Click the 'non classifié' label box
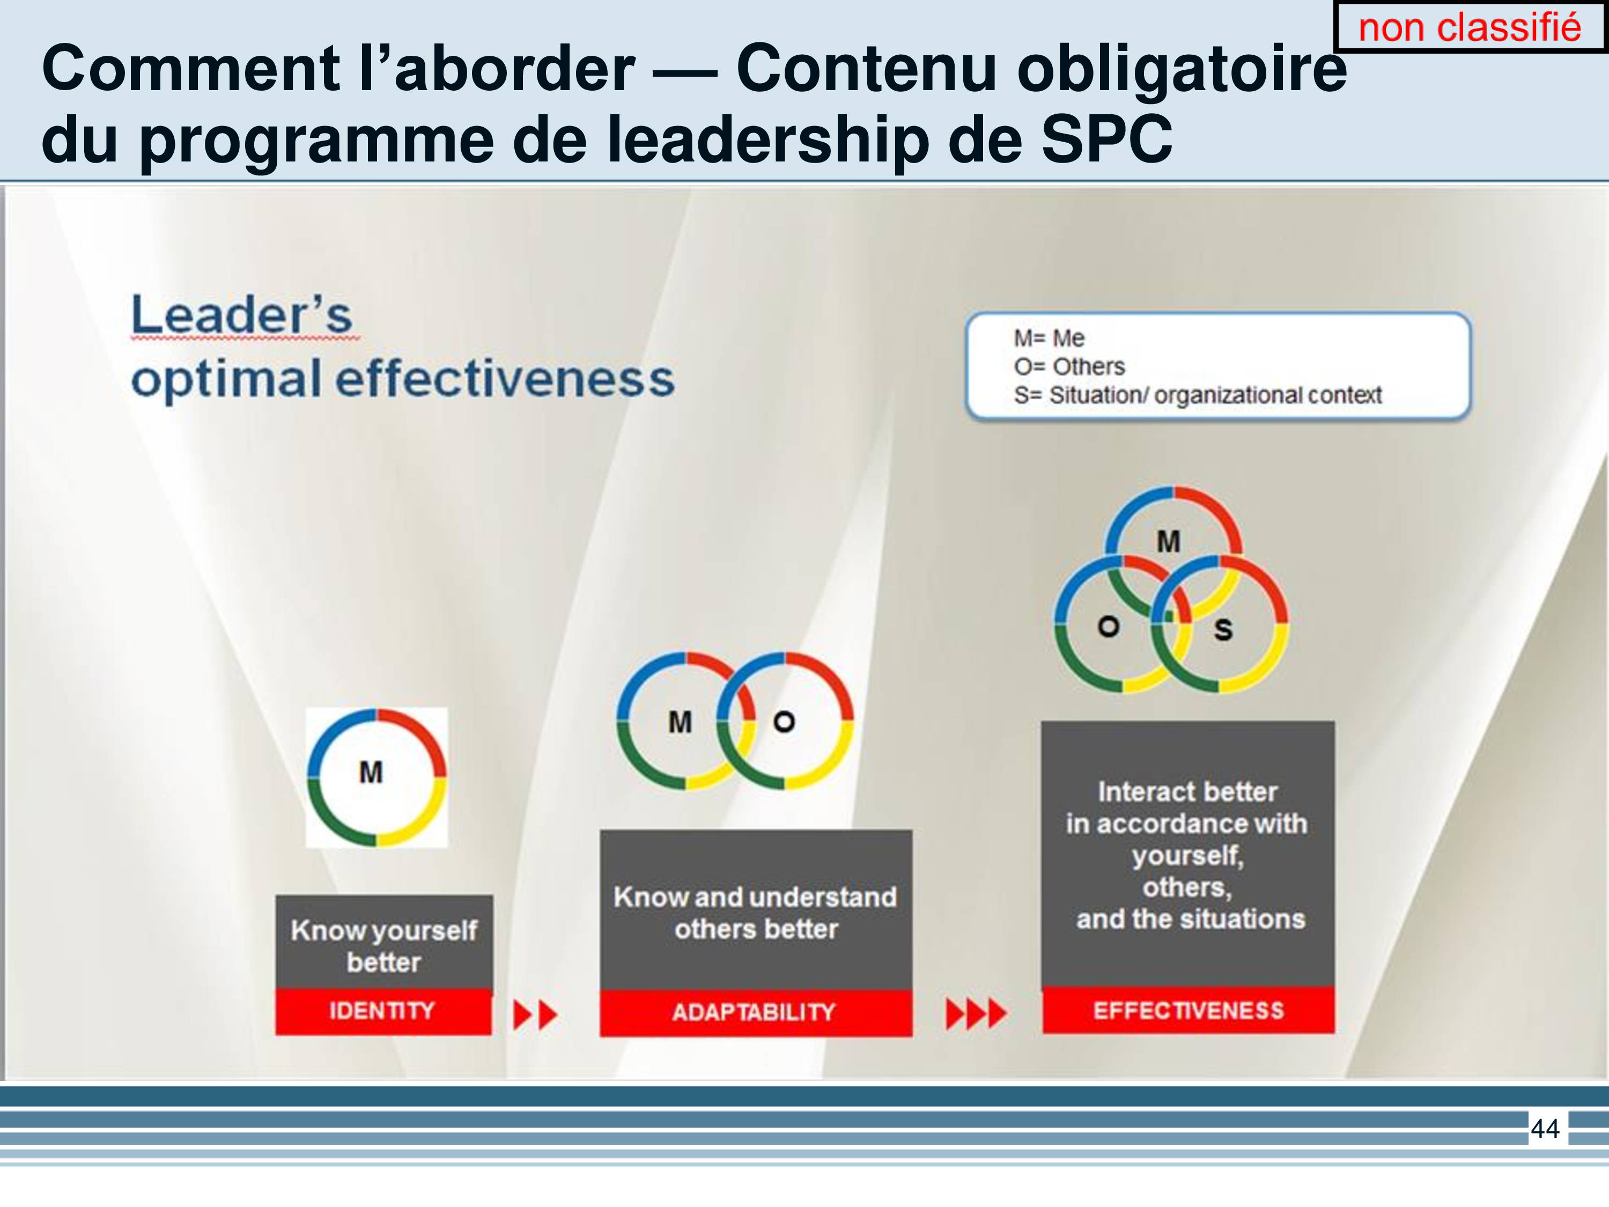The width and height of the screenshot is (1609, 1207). (1470, 27)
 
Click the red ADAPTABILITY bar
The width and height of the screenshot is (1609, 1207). (756, 1012)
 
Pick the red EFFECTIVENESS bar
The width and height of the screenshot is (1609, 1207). (1189, 1010)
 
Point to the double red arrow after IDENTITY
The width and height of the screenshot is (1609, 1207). (535, 1014)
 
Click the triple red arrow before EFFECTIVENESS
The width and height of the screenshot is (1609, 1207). (976, 1013)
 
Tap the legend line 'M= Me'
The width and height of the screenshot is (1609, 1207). (1049, 338)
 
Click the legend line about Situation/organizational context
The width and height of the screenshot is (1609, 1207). (1197, 394)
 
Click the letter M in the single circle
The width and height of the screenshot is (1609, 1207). (371, 772)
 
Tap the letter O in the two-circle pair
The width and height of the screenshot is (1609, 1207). (784, 722)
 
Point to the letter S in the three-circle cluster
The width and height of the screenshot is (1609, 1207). (1223, 629)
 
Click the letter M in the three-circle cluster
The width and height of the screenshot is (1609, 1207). (1168, 541)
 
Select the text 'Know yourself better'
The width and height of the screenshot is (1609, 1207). (384, 946)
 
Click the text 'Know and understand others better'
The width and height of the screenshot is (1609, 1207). (755, 913)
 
